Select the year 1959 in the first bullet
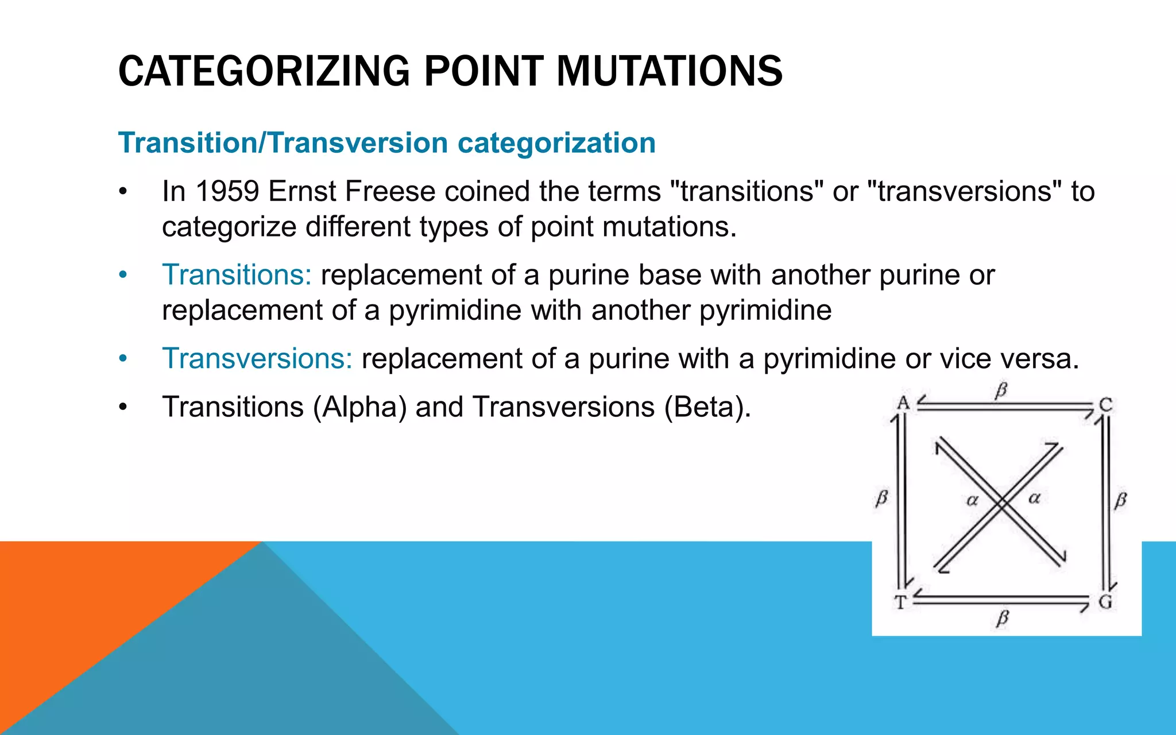pos(227,191)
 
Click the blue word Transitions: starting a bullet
pos(237,275)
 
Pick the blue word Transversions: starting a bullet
pos(257,359)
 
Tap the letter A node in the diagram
pos(903,403)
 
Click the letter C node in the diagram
pos(1106,405)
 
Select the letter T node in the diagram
pos(900,603)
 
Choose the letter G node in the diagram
pos(1105,602)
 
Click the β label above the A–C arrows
pos(1001,391)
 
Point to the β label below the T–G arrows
pos(1003,619)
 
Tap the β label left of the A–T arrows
pos(882,498)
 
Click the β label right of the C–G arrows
pos(1121,500)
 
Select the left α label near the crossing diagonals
pos(972,500)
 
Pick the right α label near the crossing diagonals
pos(1034,498)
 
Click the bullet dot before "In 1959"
pos(122,192)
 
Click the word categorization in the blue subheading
pos(556,142)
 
